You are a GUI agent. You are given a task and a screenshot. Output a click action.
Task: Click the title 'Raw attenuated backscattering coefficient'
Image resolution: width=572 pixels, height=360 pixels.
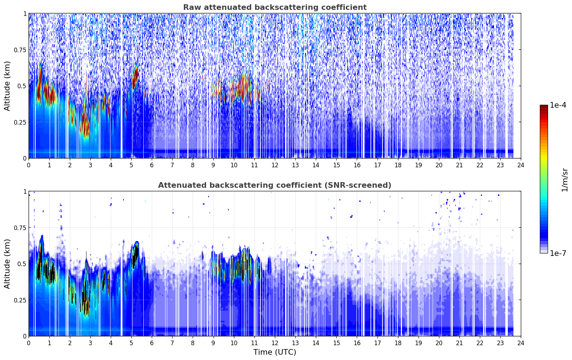(275, 7)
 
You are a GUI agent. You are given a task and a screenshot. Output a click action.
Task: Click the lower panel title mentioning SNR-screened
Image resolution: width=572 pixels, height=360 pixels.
(275, 185)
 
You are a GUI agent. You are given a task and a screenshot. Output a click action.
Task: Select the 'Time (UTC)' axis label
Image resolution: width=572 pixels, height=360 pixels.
(275, 352)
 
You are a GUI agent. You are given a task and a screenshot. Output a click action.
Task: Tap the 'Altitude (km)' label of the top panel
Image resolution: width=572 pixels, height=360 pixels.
(7, 86)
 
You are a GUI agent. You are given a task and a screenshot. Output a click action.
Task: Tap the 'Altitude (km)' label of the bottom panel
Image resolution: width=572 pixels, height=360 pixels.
(7, 264)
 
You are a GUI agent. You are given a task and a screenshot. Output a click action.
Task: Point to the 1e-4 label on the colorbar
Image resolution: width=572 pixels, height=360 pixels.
(558, 105)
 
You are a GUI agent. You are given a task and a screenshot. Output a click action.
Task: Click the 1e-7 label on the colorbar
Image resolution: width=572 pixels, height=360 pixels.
(558, 253)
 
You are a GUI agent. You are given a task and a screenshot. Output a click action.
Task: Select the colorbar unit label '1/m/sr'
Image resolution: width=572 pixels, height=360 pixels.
(565, 179)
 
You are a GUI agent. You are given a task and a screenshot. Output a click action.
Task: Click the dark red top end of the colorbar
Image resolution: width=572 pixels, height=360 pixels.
(544, 106)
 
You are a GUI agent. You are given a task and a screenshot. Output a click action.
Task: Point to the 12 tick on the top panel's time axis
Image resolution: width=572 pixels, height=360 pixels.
(275, 165)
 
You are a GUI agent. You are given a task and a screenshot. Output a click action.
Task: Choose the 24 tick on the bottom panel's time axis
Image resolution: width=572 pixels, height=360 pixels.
(521, 343)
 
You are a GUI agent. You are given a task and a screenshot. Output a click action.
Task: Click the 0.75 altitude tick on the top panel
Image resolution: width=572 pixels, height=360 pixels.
(20, 50)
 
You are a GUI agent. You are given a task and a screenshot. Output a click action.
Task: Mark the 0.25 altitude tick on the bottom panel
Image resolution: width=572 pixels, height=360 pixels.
(20, 300)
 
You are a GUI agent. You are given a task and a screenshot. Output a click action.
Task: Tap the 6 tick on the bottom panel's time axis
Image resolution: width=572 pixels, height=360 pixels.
(152, 343)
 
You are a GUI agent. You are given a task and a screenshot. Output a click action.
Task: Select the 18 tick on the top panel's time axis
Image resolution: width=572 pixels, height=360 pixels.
(398, 165)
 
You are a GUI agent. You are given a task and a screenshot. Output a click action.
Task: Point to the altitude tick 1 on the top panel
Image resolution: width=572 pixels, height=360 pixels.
(25, 13)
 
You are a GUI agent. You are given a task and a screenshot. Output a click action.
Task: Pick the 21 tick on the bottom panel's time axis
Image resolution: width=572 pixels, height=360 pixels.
(459, 343)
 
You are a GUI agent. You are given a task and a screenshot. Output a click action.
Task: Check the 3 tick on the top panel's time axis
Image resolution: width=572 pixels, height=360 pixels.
(90, 165)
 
